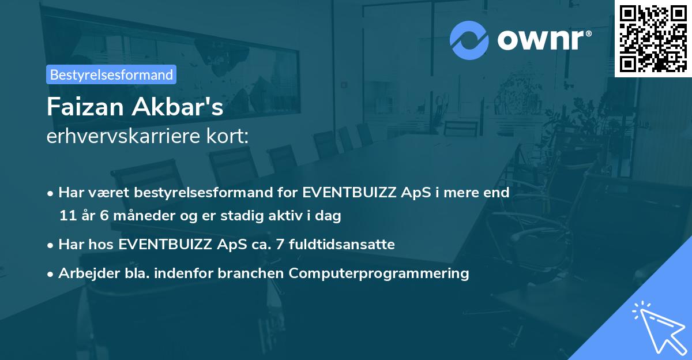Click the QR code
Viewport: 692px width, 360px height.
tap(653, 39)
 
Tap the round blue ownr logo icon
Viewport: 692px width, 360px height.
tap(469, 40)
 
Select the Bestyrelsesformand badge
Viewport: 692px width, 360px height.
tap(111, 74)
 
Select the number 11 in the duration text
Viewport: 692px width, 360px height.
tap(67, 216)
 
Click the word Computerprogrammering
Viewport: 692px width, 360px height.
tap(379, 273)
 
